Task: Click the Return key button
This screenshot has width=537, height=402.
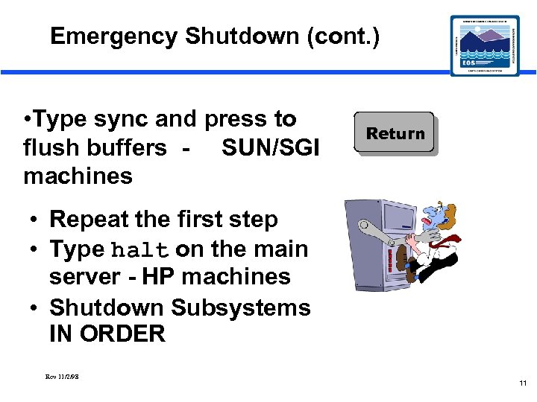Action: [x=395, y=134]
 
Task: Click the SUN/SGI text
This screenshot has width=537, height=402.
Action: [x=271, y=147]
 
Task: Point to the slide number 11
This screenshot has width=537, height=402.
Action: [x=523, y=383]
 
